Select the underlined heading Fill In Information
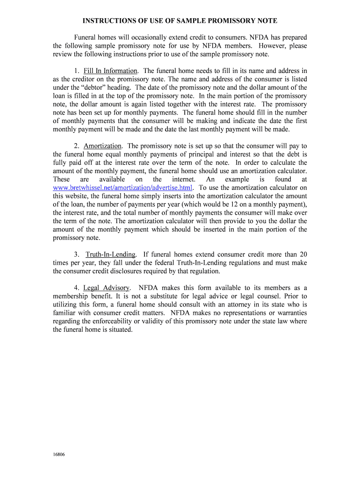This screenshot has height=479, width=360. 110,71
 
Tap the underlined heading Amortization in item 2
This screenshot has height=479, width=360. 102,146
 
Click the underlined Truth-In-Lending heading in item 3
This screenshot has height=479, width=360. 111,254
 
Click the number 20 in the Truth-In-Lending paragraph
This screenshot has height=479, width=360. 303,254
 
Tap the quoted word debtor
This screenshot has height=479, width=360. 95,87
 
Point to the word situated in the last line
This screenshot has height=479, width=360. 119,330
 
